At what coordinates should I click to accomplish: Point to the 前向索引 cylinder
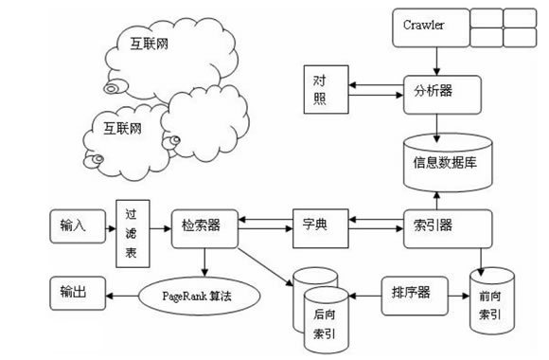(x=492, y=300)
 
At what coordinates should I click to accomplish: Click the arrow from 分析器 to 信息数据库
(x=436, y=126)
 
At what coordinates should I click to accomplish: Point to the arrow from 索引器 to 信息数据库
(x=436, y=198)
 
